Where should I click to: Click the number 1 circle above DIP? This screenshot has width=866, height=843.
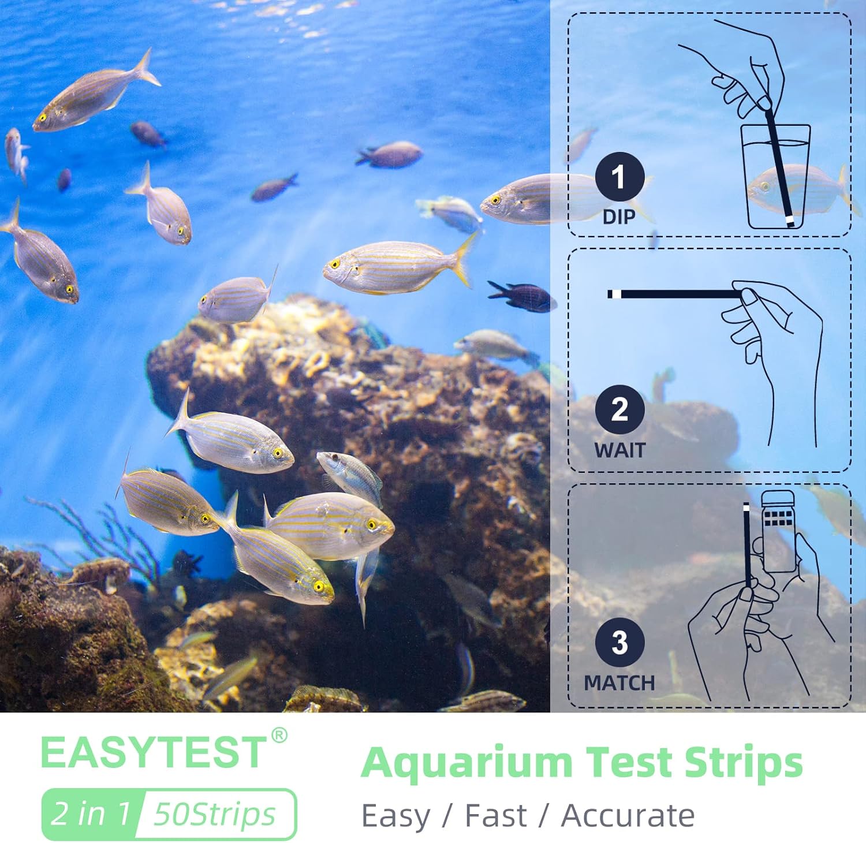click(619, 177)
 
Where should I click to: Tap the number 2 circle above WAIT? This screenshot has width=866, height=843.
click(619, 409)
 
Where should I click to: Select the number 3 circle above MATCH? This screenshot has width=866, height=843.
click(619, 643)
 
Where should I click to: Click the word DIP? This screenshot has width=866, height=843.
click(619, 217)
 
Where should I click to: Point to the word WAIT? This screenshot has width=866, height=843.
click(619, 450)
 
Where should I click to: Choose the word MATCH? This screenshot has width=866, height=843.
click(619, 683)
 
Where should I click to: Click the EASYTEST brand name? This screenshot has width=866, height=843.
click(153, 753)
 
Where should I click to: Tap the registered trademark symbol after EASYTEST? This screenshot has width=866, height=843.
click(279, 736)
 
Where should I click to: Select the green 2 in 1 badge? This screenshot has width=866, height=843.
click(91, 814)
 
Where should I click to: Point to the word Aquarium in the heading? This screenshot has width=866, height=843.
click(466, 763)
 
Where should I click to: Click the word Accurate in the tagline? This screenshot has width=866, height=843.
click(628, 816)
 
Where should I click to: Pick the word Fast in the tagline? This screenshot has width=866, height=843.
click(496, 816)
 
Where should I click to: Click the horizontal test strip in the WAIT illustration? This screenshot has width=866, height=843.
click(675, 294)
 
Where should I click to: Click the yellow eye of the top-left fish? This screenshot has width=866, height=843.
click(42, 118)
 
